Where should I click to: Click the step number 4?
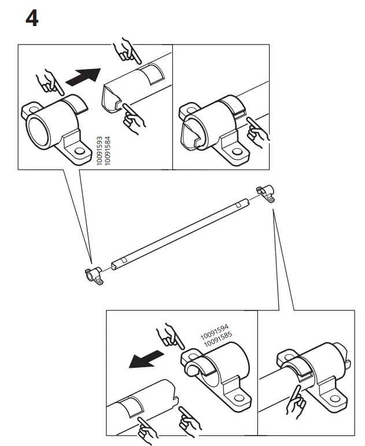click(32, 19)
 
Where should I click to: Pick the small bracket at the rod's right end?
click(265, 193)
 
